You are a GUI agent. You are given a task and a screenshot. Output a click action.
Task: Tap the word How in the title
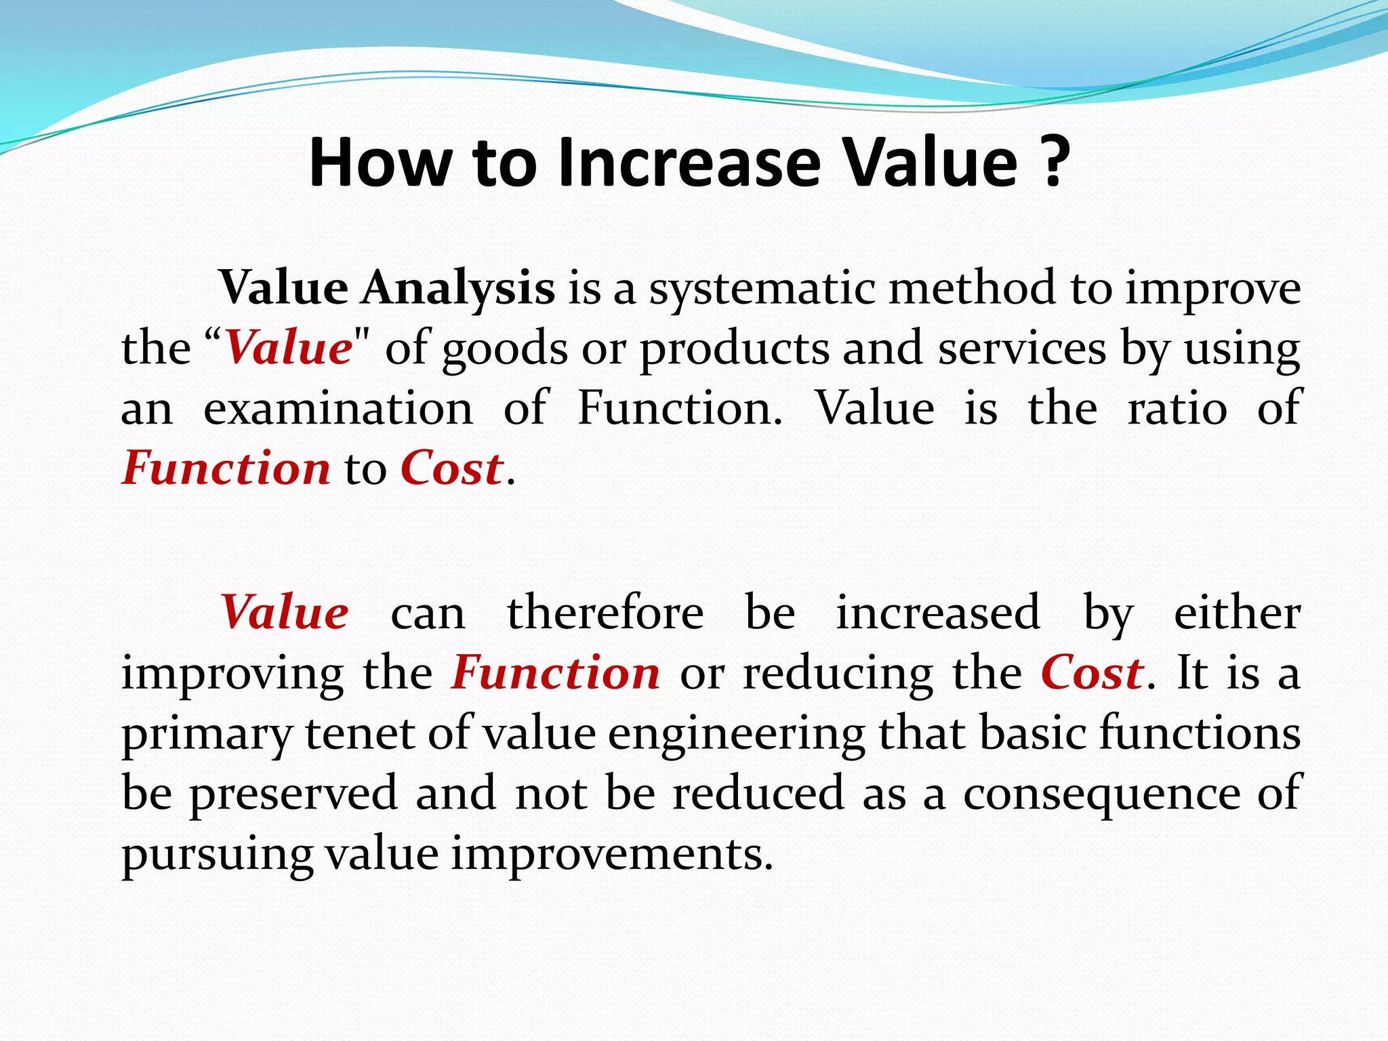tap(380, 163)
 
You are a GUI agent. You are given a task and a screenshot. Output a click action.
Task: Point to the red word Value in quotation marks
tap(287, 348)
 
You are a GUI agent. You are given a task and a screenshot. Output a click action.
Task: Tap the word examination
tap(338, 409)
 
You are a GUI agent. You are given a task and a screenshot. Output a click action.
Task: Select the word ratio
tap(1177, 409)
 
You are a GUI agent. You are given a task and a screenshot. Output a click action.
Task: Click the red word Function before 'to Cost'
tap(226, 468)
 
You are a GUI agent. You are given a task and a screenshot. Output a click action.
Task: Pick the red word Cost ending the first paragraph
tap(451, 468)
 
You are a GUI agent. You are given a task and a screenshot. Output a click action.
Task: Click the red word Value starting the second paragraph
tap(285, 612)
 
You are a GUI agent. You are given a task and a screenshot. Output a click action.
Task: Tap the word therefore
tap(605, 612)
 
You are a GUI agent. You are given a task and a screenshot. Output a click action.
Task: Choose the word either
tap(1237, 612)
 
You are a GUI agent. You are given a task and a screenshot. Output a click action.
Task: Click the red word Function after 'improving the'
tap(556, 673)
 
